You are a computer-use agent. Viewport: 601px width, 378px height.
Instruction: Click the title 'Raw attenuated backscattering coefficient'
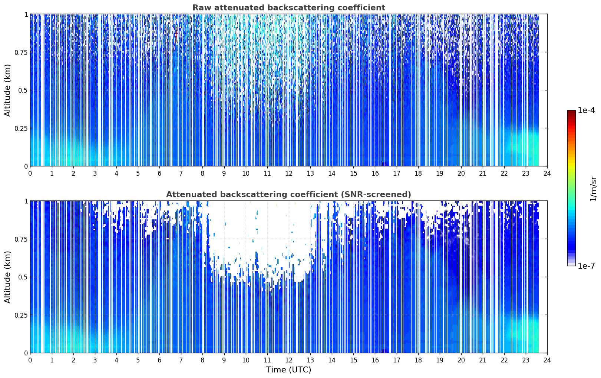pyautogui.click(x=289, y=8)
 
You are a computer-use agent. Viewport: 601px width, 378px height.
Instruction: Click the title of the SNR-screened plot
pyautogui.click(x=289, y=194)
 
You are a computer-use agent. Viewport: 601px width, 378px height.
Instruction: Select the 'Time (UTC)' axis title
pyautogui.click(x=289, y=370)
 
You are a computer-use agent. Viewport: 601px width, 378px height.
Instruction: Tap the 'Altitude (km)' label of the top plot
pyautogui.click(x=7, y=90)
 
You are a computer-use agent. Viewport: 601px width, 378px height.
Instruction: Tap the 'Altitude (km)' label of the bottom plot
pyautogui.click(x=7, y=277)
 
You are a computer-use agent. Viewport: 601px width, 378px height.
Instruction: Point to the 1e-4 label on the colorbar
pyautogui.click(x=586, y=110)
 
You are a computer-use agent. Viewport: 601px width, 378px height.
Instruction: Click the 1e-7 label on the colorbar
pyautogui.click(x=586, y=266)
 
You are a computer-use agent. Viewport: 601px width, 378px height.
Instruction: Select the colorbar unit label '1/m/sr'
pyautogui.click(x=593, y=189)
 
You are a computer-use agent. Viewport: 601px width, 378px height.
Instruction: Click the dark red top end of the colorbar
pyautogui.click(x=571, y=112)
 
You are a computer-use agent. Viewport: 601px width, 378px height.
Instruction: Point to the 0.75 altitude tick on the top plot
pyautogui.click(x=21, y=52)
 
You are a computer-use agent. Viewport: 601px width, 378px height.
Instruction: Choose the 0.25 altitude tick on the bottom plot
pyautogui.click(x=21, y=315)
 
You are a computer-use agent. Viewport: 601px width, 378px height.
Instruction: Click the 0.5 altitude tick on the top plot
pyautogui.click(x=23, y=90)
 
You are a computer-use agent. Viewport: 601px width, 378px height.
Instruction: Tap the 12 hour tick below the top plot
pyautogui.click(x=289, y=173)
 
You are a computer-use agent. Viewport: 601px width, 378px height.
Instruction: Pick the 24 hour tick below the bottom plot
pyautogui.click(x=547, y=360)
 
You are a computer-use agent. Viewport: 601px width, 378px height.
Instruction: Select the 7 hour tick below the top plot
pyautogui.click(x=181, y=173)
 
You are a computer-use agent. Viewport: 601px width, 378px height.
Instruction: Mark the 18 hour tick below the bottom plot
pyautogui.click(x=418, y=360)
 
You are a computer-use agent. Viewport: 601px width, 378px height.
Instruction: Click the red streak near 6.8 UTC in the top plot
pyautogui.click(x=176, y=37)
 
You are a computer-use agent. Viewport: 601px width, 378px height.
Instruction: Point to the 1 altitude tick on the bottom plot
pyautogui.click(x=26, y=201)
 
